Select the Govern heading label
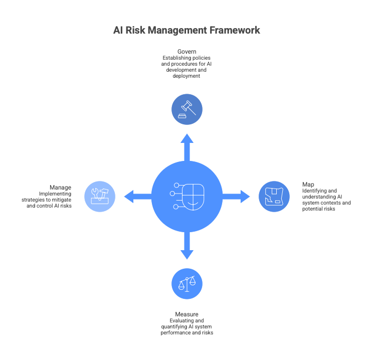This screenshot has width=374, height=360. click(x=186, y=52)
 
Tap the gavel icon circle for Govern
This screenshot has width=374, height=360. click(x=187, y=109)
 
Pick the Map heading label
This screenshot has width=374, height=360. click(x=308, y=184)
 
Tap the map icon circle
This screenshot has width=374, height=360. click(x=274, y=197)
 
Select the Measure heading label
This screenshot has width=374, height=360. click(x=187, y=314)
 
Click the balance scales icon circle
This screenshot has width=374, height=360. click(x=187, y=284)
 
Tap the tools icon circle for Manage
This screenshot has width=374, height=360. click(x=99, y=197)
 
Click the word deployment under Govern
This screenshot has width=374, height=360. click(x=186, y=76)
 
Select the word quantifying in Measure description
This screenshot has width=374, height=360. click(x=170, y=326)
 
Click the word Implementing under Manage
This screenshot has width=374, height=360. click(x=55, y=194)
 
